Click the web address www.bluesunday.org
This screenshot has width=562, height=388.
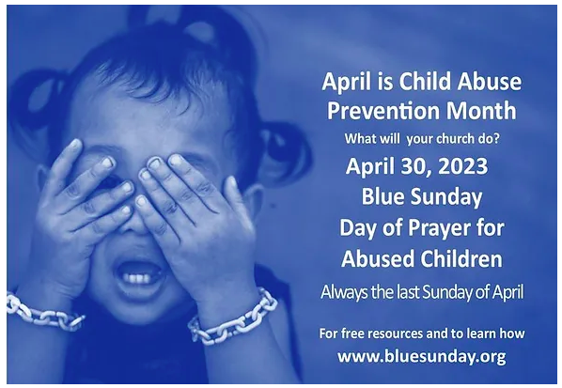421,357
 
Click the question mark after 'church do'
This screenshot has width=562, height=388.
496,138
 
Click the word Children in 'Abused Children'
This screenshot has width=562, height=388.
462,258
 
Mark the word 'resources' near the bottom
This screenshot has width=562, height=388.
396,334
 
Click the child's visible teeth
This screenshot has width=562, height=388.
139,278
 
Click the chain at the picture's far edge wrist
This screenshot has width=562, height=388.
43,312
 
